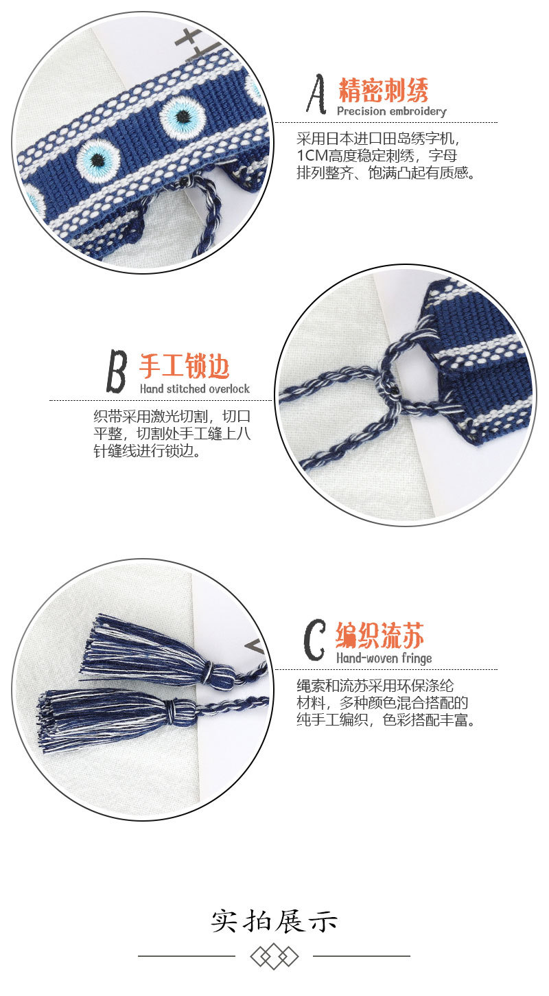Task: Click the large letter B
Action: (117, 371)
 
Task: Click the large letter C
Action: (314, 640)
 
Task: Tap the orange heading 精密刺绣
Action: (384, 90)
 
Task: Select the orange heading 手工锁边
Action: (185, 367)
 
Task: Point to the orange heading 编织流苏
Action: (379, 636)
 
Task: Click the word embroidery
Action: (417, 111)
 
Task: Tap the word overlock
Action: (227, 389)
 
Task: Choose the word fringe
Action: (413, 658)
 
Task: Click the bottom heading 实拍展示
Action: (274, 920)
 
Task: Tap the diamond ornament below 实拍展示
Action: (274, 956)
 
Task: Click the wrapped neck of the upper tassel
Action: (219, 673)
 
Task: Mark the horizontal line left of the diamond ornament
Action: (186, 956)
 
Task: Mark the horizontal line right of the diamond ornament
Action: (362, 956)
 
